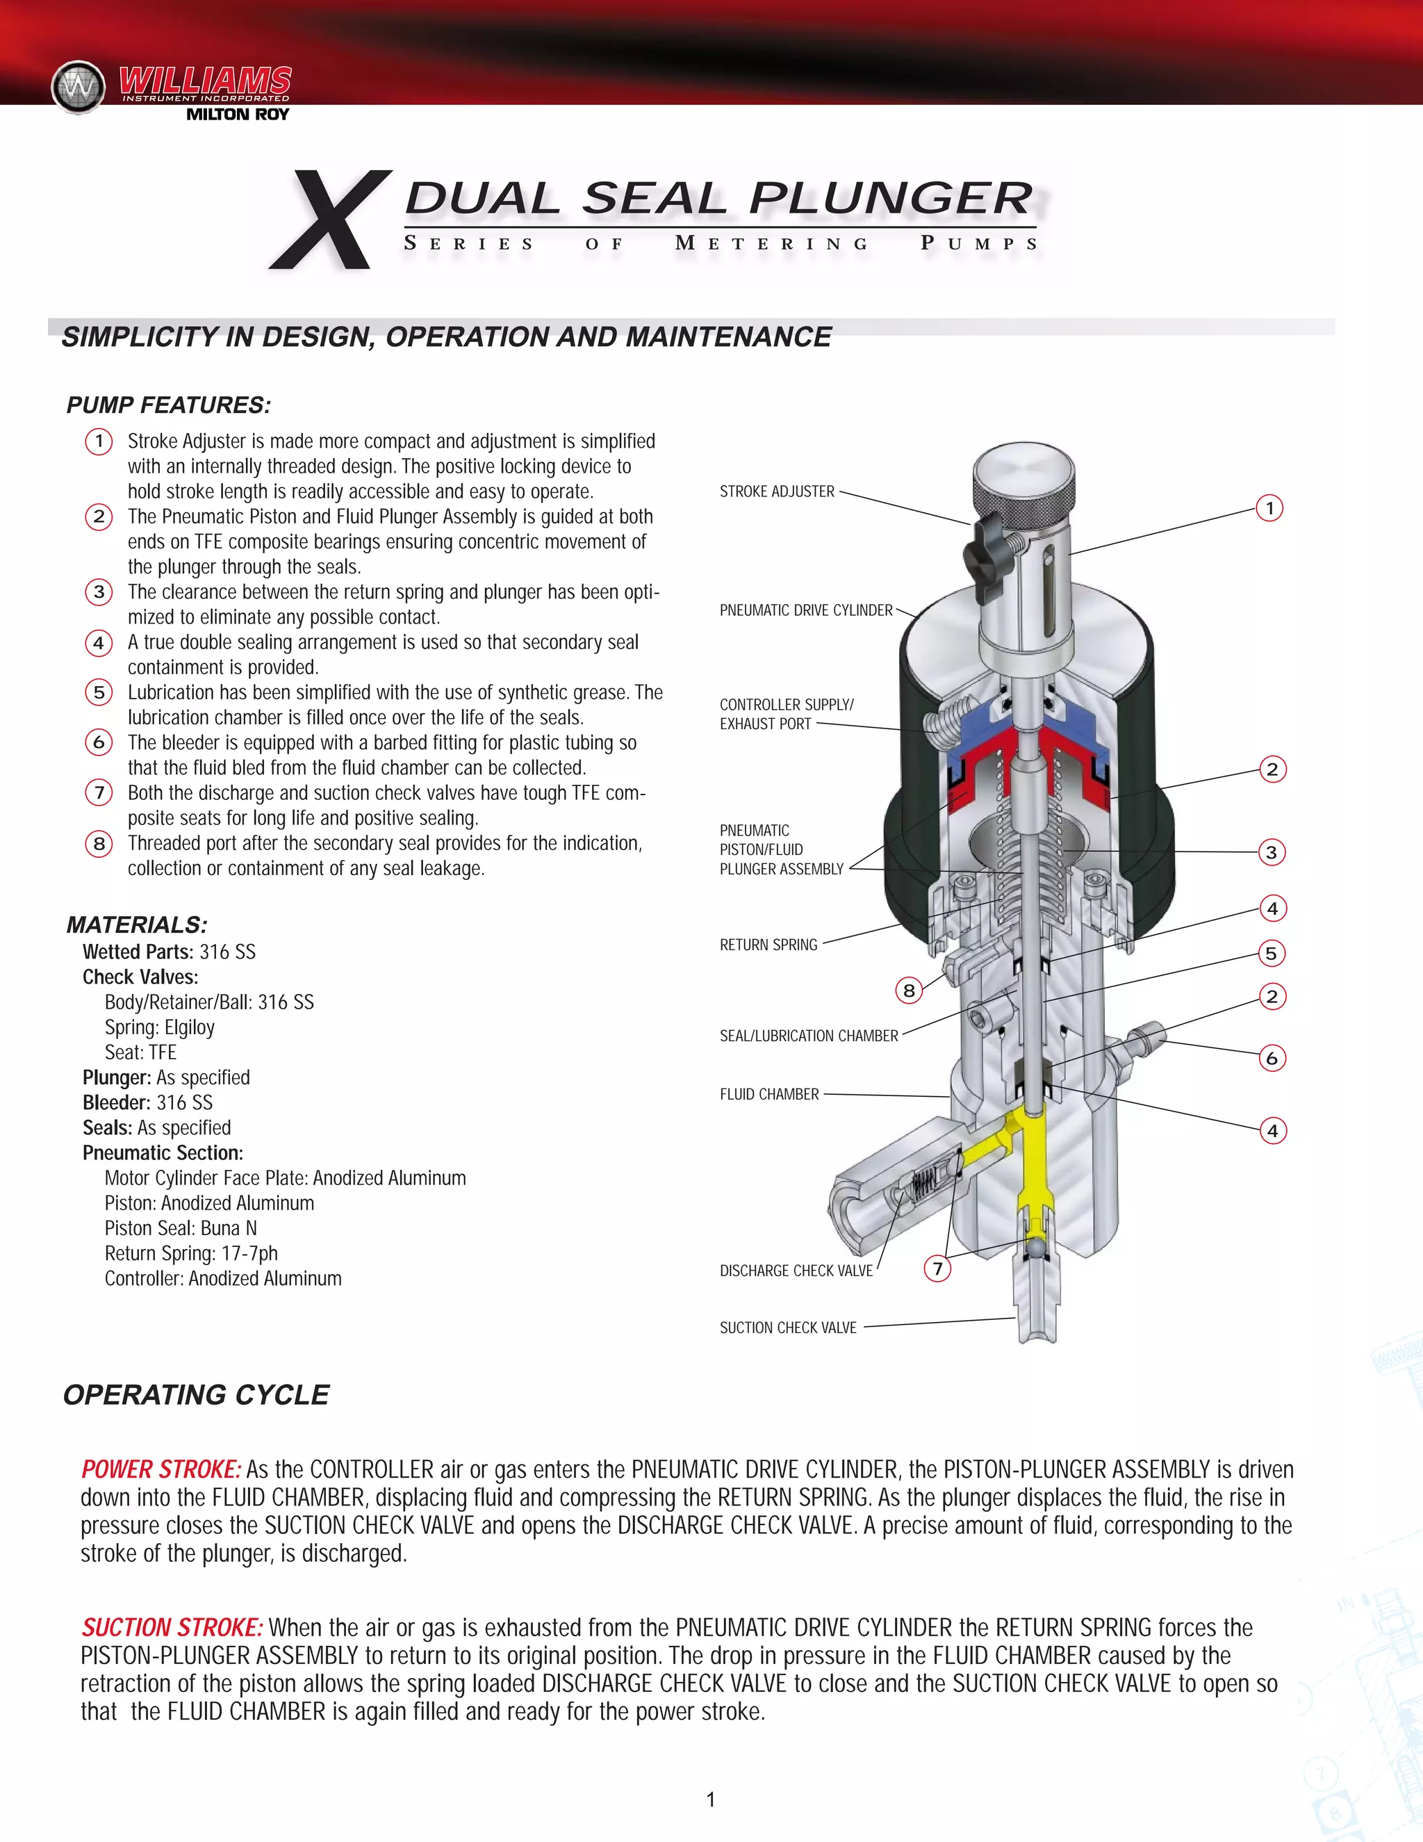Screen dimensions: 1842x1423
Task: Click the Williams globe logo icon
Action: [x=79, y=86]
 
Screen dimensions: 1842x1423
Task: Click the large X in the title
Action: [x=331, y=220]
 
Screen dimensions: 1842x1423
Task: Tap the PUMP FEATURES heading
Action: [x=169, y=406]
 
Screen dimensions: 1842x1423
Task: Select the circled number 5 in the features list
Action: [x=99, y=692]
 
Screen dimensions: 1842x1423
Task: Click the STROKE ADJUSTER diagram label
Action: [x=776, y=491]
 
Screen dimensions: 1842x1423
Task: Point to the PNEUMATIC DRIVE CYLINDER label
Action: [x=805, y=610]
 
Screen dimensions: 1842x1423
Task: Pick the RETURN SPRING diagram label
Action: [x=768, y=945]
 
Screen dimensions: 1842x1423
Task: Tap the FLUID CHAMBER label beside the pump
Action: [x=769, y=1095]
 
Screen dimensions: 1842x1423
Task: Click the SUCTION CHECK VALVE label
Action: [x=787, y=1328]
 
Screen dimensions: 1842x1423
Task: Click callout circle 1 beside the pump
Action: [x=1269, y=509]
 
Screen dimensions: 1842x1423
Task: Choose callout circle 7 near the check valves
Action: [x=937, y=1269]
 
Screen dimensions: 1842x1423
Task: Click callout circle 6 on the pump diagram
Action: [x=1272, y=1059]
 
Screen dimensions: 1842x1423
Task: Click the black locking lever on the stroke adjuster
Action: [x=983, y=550]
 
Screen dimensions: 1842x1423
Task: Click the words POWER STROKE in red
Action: [x=161, y=1470]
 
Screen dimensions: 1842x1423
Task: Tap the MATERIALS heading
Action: [x=137, y=925]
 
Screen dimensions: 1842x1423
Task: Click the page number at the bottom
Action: [x=711, y=1800]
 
